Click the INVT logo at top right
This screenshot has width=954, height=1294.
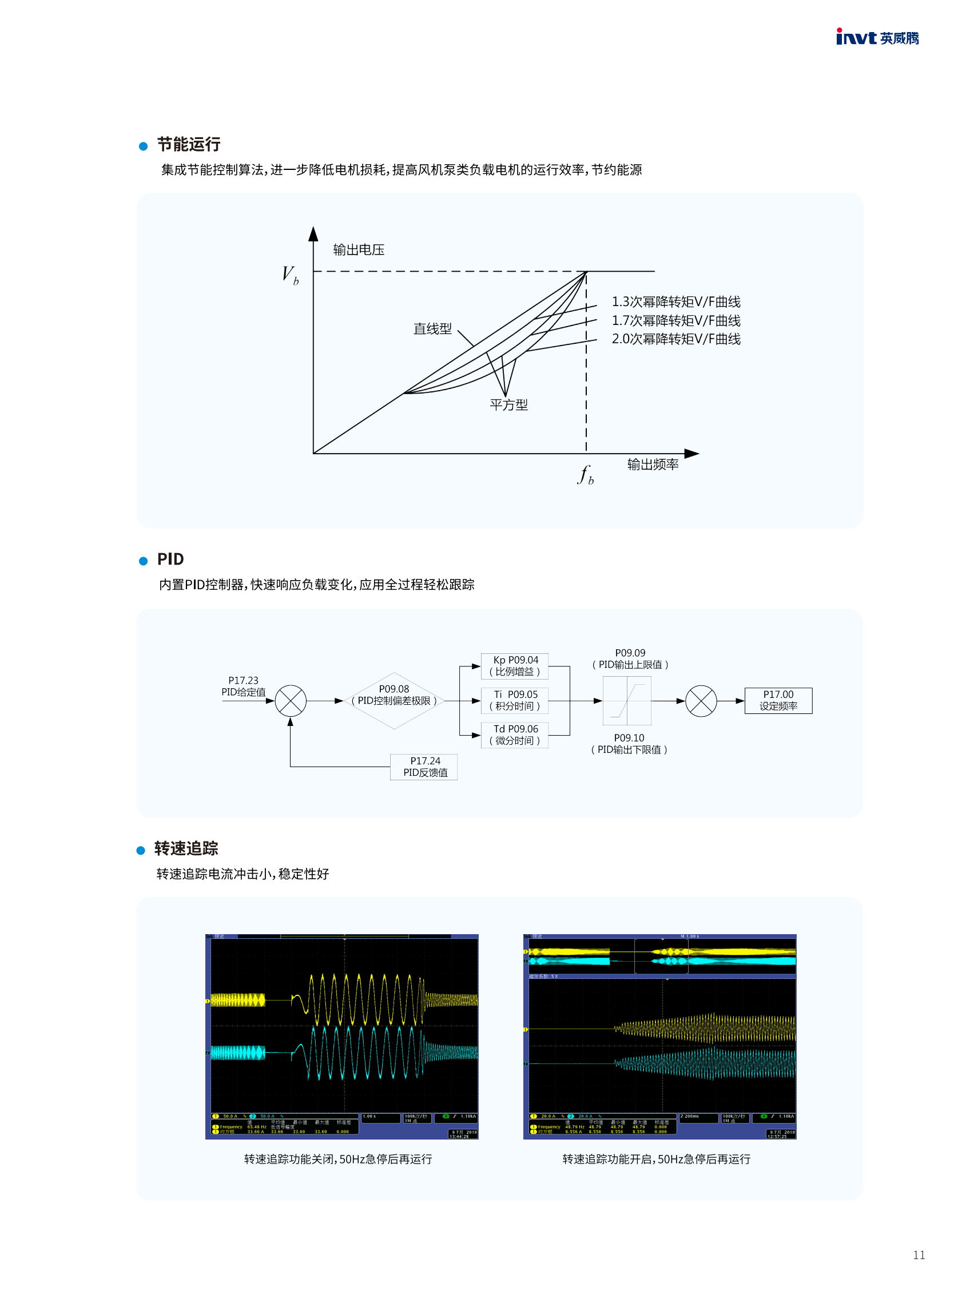(x=877, y=38)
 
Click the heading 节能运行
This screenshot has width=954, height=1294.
(x=188, y=144)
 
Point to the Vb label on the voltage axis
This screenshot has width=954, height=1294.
(x=290, y=275)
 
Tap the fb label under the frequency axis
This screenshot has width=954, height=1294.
(x=585, y=475)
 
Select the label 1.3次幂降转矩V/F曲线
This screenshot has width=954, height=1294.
(x=675, y=301)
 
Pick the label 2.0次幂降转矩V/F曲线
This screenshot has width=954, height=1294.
(x=675, y=339)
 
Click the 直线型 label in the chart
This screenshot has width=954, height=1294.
(x=432, y=329)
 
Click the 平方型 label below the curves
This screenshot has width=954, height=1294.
(x=508, y=404)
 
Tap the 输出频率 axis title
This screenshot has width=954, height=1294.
(x=653, y=465)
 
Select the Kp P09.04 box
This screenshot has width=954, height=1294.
(x=515, y=666)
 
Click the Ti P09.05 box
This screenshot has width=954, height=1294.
(x=515, y=700)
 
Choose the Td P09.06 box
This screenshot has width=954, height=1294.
(x=515, y=735)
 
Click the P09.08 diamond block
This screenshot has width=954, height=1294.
(x=394, y=700)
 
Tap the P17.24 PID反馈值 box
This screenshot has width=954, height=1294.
(x=424, y=767)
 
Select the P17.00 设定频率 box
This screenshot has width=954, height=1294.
(x=778, y=700)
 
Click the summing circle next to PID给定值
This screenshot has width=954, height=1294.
(x=291, y=701)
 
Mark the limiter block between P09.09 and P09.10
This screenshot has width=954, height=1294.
(x=627, y=701)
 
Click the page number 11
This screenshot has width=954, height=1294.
(x=919, y=1255)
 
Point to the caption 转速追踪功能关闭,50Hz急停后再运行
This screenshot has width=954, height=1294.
(x=338, y=1159)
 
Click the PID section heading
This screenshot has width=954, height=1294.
(x=170, y=559)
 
